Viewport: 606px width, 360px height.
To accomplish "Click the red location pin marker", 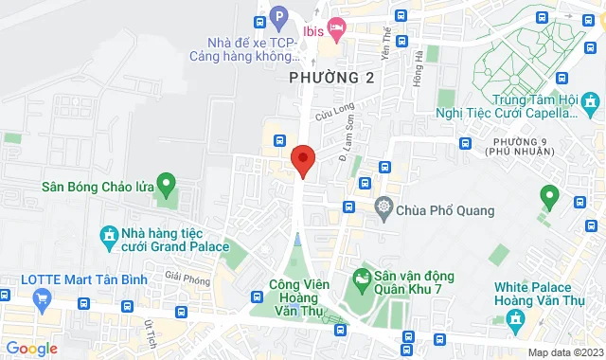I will pos(303,159).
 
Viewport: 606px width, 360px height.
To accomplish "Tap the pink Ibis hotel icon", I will pos(334,26).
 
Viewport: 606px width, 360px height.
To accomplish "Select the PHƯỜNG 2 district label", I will pos(332,78).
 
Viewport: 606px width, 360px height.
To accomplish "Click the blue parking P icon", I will pos(278,16).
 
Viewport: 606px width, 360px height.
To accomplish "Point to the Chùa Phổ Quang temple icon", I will pos(383,207).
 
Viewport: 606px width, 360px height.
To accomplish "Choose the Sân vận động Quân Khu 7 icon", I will pos(361,277).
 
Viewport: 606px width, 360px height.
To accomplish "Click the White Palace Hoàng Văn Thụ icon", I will pos(514,315).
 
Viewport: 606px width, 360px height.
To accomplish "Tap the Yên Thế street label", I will pos(385,40).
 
